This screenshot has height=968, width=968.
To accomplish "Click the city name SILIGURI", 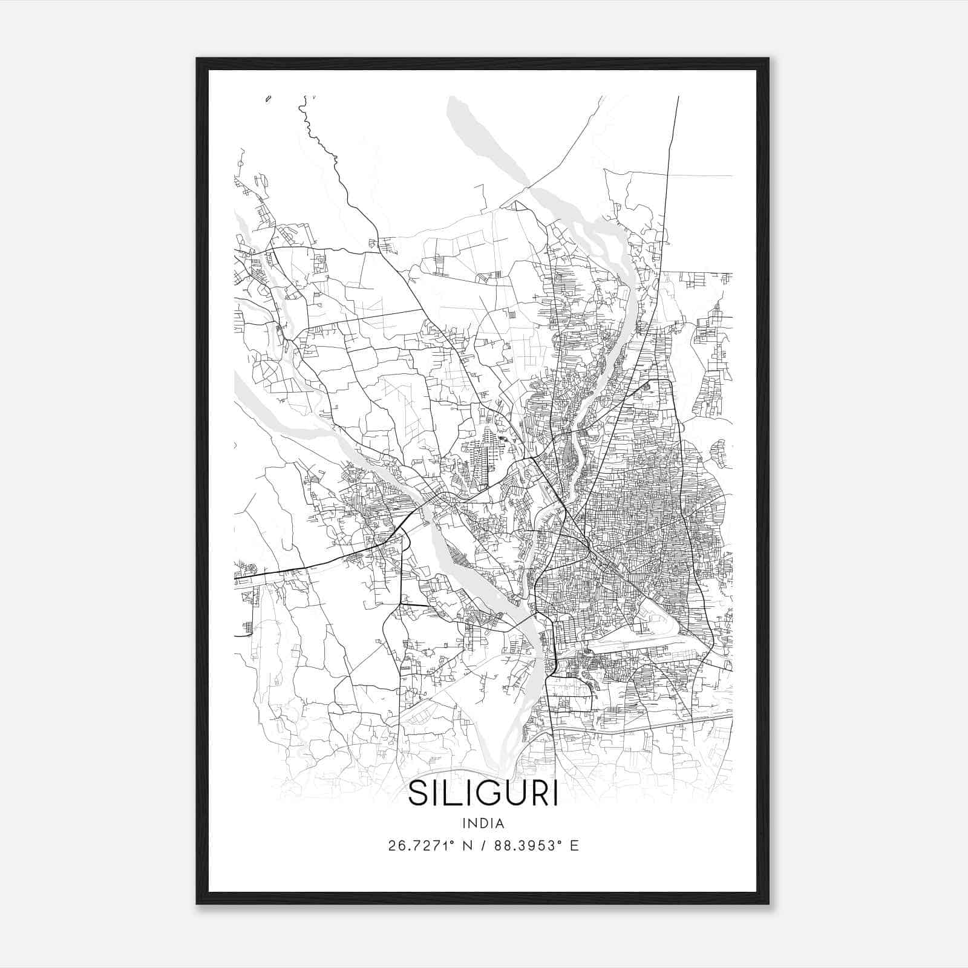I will pyautogui.click(x=483, y=794).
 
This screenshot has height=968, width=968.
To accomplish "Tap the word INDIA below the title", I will pyautogui.click(x=483, y=823).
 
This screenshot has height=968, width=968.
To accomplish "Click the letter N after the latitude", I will pyautogui.click(x=467, y=846).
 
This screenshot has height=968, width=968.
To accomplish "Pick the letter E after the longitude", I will pyautogui.click(x=574, y=846).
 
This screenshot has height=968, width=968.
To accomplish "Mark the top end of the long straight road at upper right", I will pyautogui.click(x=678, y=97).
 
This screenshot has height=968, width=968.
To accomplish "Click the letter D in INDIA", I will pyautogui.click(x=484, y=823).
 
